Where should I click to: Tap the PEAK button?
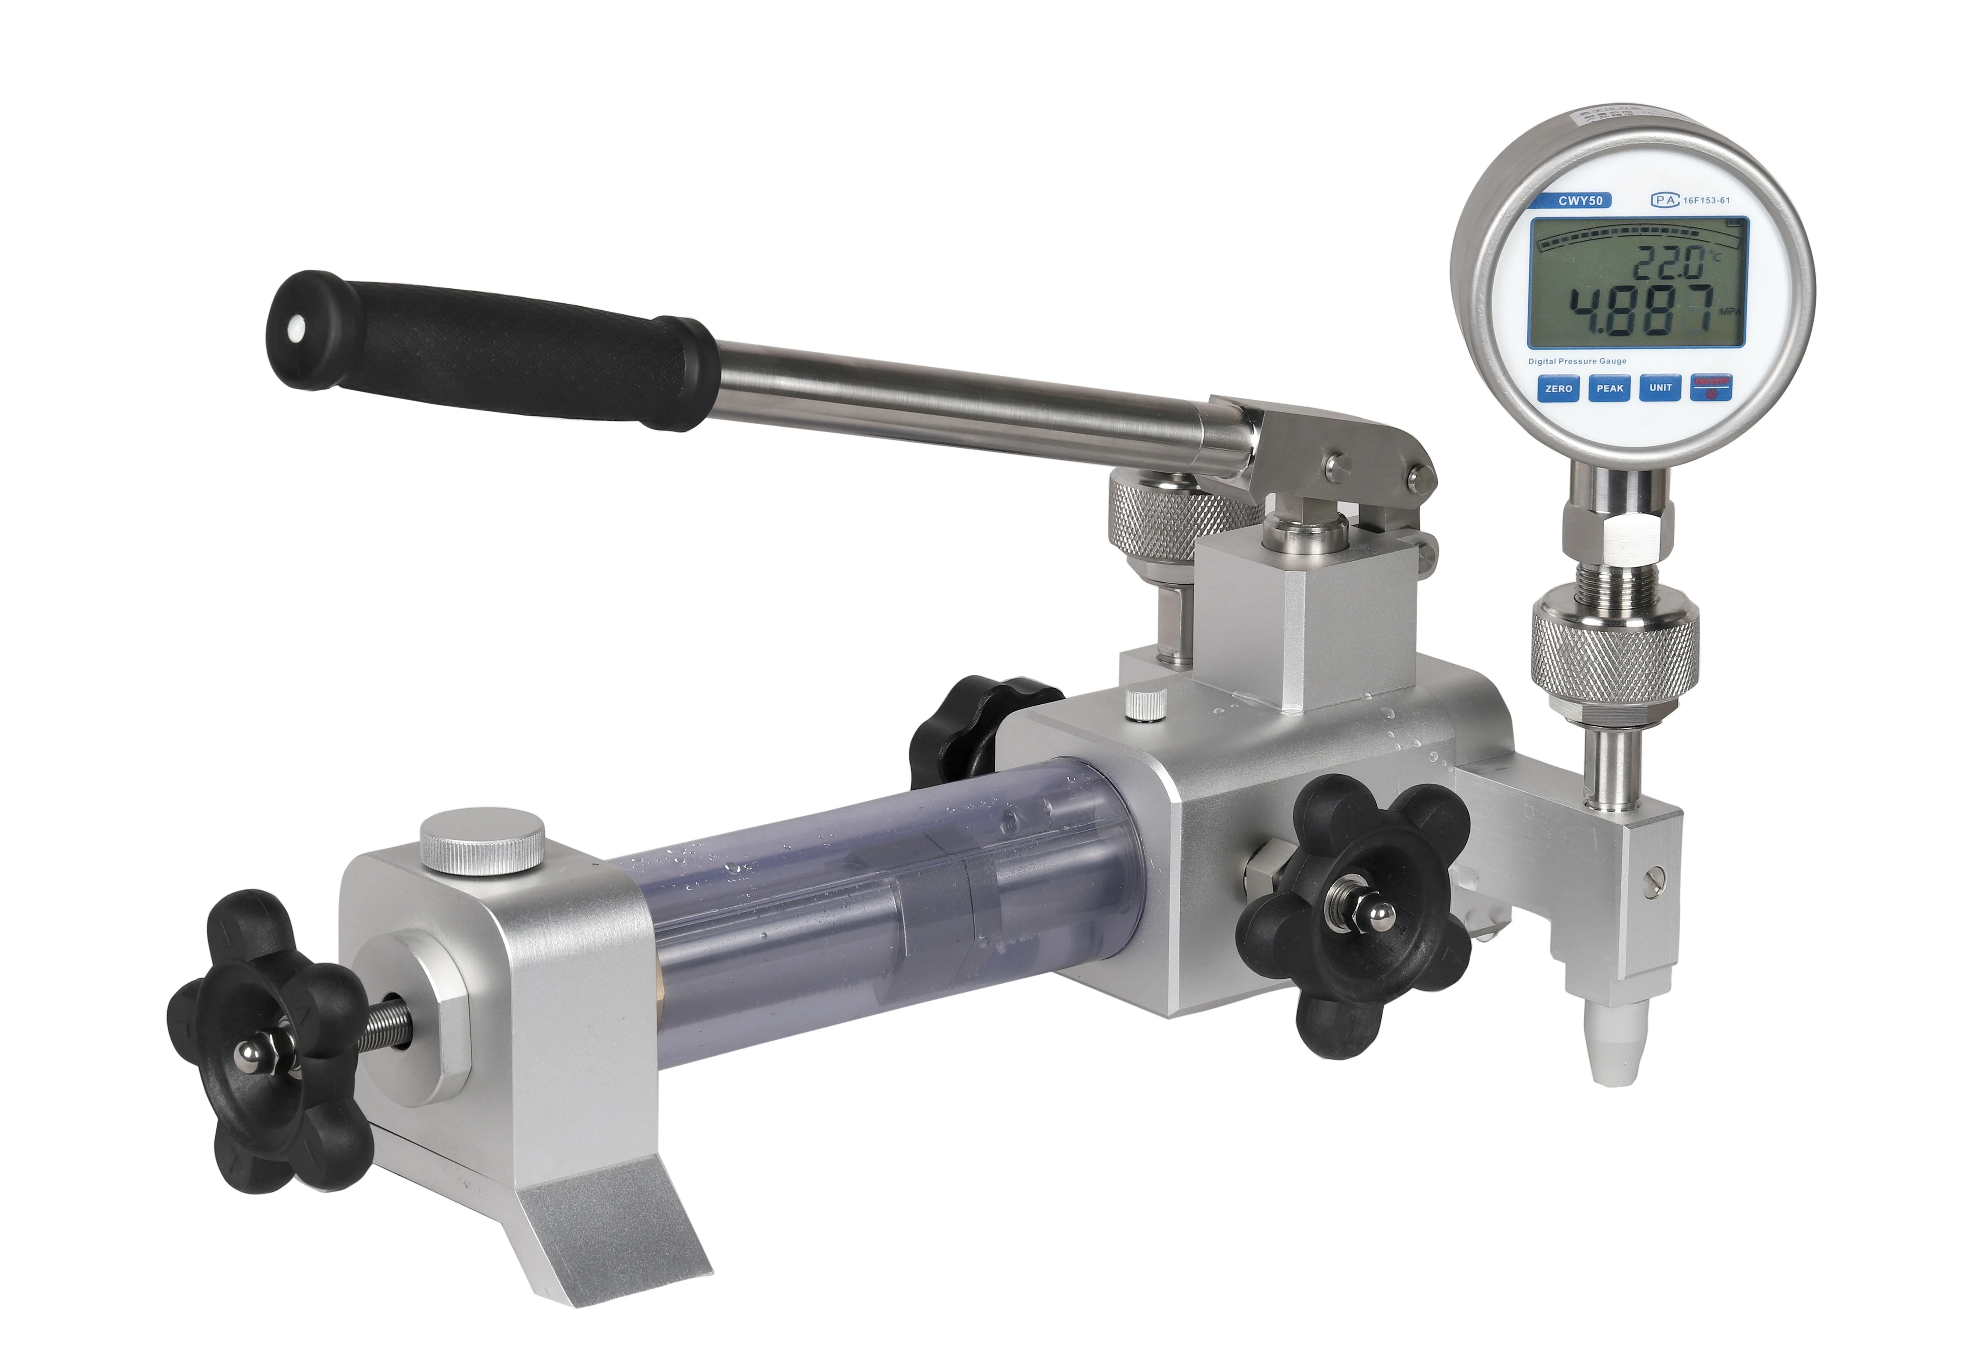[1610, 388]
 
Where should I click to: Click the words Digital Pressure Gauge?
[1577, 362]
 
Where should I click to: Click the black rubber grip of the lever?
[489, 348]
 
